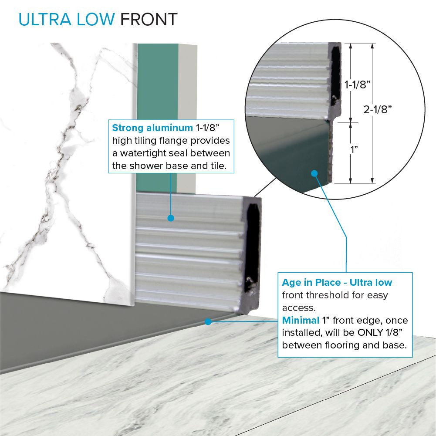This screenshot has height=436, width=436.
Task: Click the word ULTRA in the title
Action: (x=45, y=20)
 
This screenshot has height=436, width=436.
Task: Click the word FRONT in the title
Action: (x=149, y=20)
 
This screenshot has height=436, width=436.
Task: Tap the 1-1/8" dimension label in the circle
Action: (x=357, y=84)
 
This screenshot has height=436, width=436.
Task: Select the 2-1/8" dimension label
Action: (x=377, y=110)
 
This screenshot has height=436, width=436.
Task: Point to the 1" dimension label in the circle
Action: (x=354, y=149)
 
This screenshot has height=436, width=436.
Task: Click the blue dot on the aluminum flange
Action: (x=171, y=218)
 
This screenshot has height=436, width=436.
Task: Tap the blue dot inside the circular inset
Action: (x=314, y=173)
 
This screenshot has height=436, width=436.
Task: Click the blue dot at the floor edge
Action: (x=208, y=322)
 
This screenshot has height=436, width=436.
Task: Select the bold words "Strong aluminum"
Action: (x=152, y=128)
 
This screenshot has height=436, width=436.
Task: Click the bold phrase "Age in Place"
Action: (x=311, y=283)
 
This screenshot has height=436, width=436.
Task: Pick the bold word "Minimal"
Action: (x=301, y=320)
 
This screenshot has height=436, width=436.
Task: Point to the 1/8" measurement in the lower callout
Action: (x=395, y=333)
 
